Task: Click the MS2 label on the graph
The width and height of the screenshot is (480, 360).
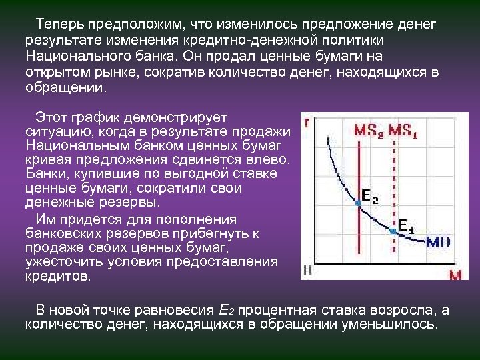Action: (368, 131)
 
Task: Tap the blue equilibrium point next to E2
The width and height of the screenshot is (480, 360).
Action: (359, 206)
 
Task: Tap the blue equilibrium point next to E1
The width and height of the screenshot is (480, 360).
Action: (393, 230)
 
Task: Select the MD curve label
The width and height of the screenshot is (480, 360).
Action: (438, 241)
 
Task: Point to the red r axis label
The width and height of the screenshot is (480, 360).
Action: (306, 123)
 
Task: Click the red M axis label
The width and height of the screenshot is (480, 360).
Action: (455, 275)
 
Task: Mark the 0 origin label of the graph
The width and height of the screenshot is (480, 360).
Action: (307, 270)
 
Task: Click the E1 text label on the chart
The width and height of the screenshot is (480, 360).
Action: (406, 225)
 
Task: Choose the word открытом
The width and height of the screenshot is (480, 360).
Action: (55, 72)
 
